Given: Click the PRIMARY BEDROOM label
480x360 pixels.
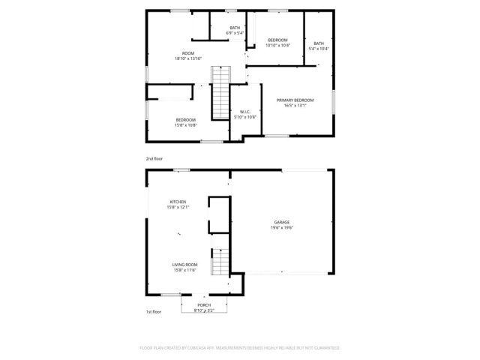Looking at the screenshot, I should [x=295, y=100].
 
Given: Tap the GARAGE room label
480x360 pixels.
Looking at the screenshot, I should [x=281, y=223].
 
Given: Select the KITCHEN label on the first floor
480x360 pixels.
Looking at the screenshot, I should [x=178, y=202].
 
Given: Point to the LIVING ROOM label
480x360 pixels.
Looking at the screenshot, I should [x=184, y=265].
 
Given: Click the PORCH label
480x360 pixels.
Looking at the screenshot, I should [x=204, y=305].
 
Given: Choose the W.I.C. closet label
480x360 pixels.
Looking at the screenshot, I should [x=245, y=112].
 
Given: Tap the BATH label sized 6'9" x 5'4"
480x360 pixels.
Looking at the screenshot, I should [x=235, y=28].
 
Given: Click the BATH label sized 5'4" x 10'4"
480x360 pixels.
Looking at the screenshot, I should [x=319, y=43].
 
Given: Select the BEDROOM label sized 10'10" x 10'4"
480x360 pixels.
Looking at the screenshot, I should [x=277, y=40].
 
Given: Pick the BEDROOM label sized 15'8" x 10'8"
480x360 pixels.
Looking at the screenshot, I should [x=186, y=120].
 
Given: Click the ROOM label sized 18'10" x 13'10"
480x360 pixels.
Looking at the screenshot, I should [x=188, y=53].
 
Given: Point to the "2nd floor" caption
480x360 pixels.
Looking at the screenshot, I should [x=154, y=159].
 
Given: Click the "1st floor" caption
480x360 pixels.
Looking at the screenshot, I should [x=154, y=311].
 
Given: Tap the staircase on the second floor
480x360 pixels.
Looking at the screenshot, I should [x=220, y=92].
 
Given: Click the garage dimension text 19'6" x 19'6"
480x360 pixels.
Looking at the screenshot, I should [x=281, y=228].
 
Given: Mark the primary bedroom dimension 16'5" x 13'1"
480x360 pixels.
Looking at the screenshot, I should [x=295, y=106].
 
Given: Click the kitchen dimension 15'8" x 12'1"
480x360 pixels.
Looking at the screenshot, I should [x=179, y=207].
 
